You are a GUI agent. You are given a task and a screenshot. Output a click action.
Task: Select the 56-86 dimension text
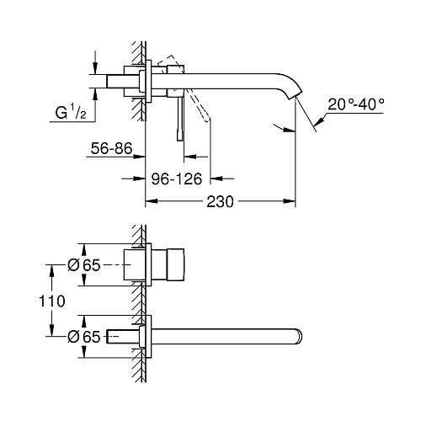pos(111,149)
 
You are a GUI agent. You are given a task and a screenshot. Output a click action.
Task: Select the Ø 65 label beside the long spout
pos(83,337)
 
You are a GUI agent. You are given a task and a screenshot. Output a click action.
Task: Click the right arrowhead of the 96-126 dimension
pos(214,179)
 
